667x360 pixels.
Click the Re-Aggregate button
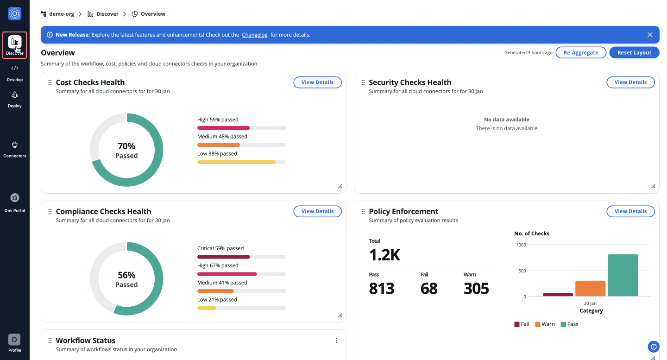(x=581, y=53)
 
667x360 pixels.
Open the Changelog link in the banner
(x=254, y=35)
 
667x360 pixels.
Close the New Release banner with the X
(x=650, y=35)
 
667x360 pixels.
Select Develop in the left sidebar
(x=15, y=73)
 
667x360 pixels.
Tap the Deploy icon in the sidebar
(x=15, y=95)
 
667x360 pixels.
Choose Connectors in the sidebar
(x=15, y=149)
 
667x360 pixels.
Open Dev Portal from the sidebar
(x=15, y=202)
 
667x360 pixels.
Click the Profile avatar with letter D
(x=15, y=340)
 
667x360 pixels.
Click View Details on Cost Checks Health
(x=317, y=82)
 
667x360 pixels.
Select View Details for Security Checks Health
(x=630, y=82)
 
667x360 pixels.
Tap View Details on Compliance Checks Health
(x=317, y=211)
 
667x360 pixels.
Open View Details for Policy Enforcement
(x=630, y=211)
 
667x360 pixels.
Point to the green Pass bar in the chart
(x=623, y=275)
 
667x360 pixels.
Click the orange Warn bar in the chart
(x=590, y=288)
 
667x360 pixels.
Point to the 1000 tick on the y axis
(x=521, y=245)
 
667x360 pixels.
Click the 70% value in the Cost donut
(x=126, y=146)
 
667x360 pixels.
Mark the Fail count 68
(x=429, y=289)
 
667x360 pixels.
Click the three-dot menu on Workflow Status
(x=337, y=341)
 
